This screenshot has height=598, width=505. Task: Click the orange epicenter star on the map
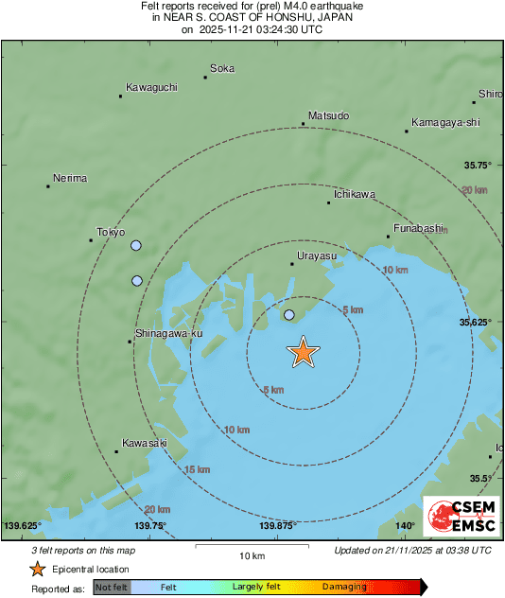pos(303,352)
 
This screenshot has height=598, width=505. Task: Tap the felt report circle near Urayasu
pos(289,315)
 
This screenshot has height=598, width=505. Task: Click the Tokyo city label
pos(111,233)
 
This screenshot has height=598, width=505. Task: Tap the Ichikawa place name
pos(354,195)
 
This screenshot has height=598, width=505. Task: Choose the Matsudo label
pos(328,116)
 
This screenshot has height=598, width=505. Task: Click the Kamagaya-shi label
pos(446,123)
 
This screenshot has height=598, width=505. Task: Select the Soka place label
pos(222,69)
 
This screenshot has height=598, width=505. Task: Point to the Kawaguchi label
pos(151,88)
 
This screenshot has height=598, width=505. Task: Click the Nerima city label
pos(70,179)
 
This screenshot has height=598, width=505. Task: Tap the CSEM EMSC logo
pos(461,519)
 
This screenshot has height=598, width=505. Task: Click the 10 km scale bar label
pos(251,554)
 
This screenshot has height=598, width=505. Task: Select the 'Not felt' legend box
pos(112,588)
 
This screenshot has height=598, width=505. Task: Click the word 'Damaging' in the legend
pos(343,588)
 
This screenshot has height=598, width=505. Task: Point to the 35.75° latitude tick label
pos(478,166)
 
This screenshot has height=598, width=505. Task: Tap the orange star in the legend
pos(37,569)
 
